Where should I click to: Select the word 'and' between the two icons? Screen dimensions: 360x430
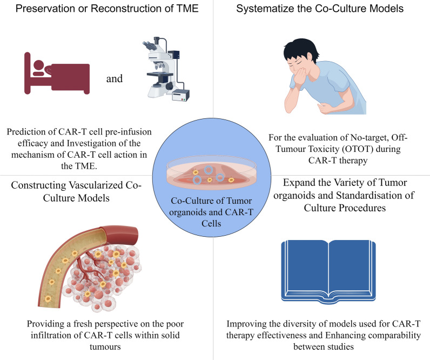[x=115, y=79]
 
